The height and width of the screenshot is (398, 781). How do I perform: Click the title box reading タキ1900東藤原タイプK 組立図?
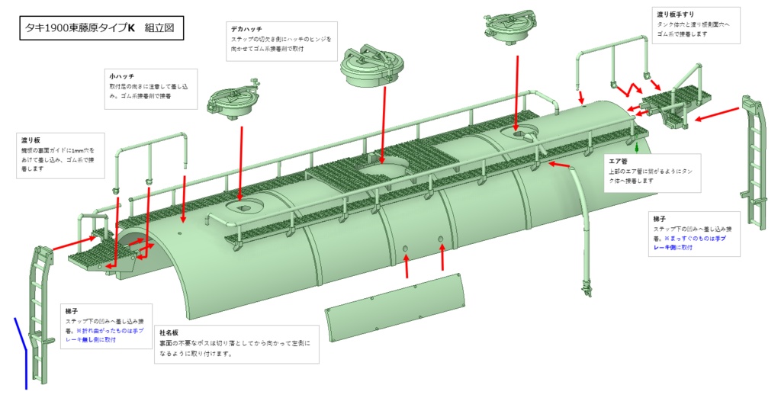(x=100, y=29)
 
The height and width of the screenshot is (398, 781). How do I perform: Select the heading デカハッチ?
(x=246, y=28)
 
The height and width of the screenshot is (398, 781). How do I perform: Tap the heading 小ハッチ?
(x=122, y=76)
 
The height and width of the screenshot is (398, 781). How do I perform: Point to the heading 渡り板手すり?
(x=675, y=14)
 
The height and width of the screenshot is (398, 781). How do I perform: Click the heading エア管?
(x=617, y=161)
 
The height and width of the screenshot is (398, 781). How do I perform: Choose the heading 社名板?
(x=169, y=333)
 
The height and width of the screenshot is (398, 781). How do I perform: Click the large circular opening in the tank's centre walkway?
(x=386, y=172)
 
